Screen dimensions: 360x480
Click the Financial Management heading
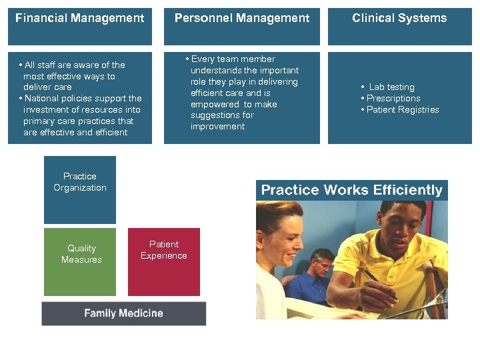(79, 19)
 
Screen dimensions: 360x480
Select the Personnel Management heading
(242, 19)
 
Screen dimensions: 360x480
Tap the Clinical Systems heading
(399, 19)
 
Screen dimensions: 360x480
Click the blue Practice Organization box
(80, 189)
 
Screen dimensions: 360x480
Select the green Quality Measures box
(80, 261)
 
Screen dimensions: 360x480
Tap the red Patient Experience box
(164, 261)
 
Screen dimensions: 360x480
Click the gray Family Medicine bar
(124, 313)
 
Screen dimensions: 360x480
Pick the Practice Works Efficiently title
(351, 190)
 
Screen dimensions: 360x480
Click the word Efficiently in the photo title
(408, 190)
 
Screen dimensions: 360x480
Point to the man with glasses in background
(321, 267)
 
